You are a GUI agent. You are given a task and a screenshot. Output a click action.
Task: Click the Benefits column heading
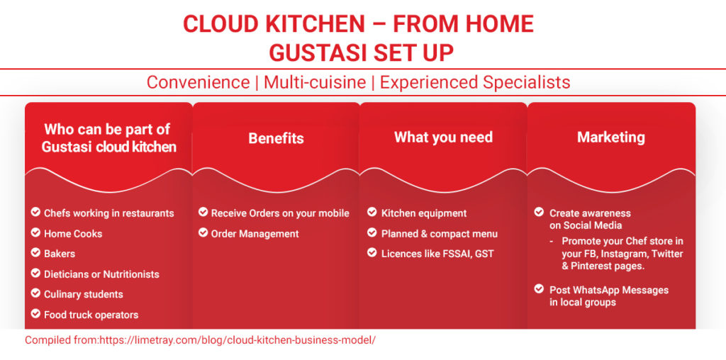click(276, 138)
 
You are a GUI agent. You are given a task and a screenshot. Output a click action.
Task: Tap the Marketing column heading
click(610, 137)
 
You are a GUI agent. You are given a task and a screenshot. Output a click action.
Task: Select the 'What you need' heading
click(443, 137)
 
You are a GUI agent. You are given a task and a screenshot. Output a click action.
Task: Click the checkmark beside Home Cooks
click(35, 232)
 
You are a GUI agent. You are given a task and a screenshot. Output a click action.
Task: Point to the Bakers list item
click(60, 254)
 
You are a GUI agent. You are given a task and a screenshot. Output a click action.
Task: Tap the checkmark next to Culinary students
click(35, 293)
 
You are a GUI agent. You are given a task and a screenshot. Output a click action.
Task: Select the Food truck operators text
click(91, 315)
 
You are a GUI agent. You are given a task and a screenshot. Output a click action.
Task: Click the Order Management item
click(255, 234)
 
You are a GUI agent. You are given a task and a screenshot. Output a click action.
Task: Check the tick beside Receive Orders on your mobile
click(203, 212)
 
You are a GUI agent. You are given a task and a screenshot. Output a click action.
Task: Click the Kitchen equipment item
click(424, 213)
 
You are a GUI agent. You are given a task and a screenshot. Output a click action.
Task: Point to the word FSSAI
click(462, 254)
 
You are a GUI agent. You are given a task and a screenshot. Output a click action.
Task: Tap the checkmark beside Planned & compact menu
click(372, 232)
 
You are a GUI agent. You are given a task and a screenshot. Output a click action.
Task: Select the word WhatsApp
click(596, 290)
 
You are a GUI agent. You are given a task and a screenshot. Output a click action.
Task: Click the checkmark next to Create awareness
click(539, 212)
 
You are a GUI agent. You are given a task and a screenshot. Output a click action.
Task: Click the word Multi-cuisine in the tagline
click(315, 82)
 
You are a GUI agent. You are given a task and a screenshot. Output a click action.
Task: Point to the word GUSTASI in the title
click(313, 53)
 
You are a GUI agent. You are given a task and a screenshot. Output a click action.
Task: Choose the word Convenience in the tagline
click(199, 82)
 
